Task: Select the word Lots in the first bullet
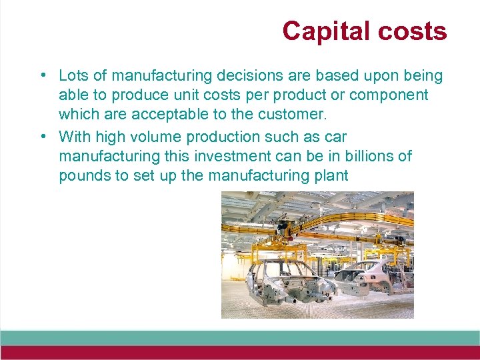pyautogui.click(x=73, y=75)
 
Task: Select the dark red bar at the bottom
pyautogui.click(x=240, y=353)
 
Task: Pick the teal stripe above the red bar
pyautogui.click(x=240, y=337)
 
